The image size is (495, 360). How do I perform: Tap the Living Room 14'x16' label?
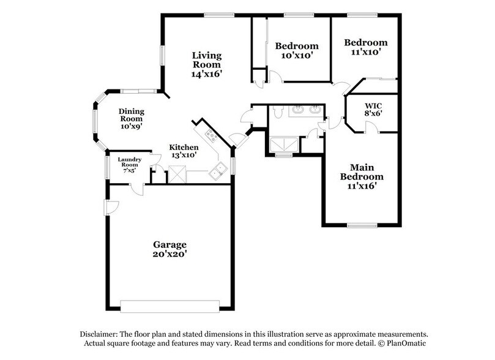coord(207,64)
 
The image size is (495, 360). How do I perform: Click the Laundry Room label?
coord(130,163)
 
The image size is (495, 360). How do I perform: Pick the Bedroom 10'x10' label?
coord(297,50)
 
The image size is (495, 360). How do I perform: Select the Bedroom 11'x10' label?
coord(365,47)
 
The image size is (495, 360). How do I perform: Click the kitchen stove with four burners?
coord(211,136)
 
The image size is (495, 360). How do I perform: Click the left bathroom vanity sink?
coord(298,110)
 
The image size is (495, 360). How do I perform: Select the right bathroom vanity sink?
coord(315,110)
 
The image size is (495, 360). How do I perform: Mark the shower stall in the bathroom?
coord(283,145)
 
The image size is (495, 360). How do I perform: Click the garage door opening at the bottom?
coord(169,304)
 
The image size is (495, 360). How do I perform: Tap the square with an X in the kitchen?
coord(177,174)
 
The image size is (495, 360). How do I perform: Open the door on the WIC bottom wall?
coord(370,127)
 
